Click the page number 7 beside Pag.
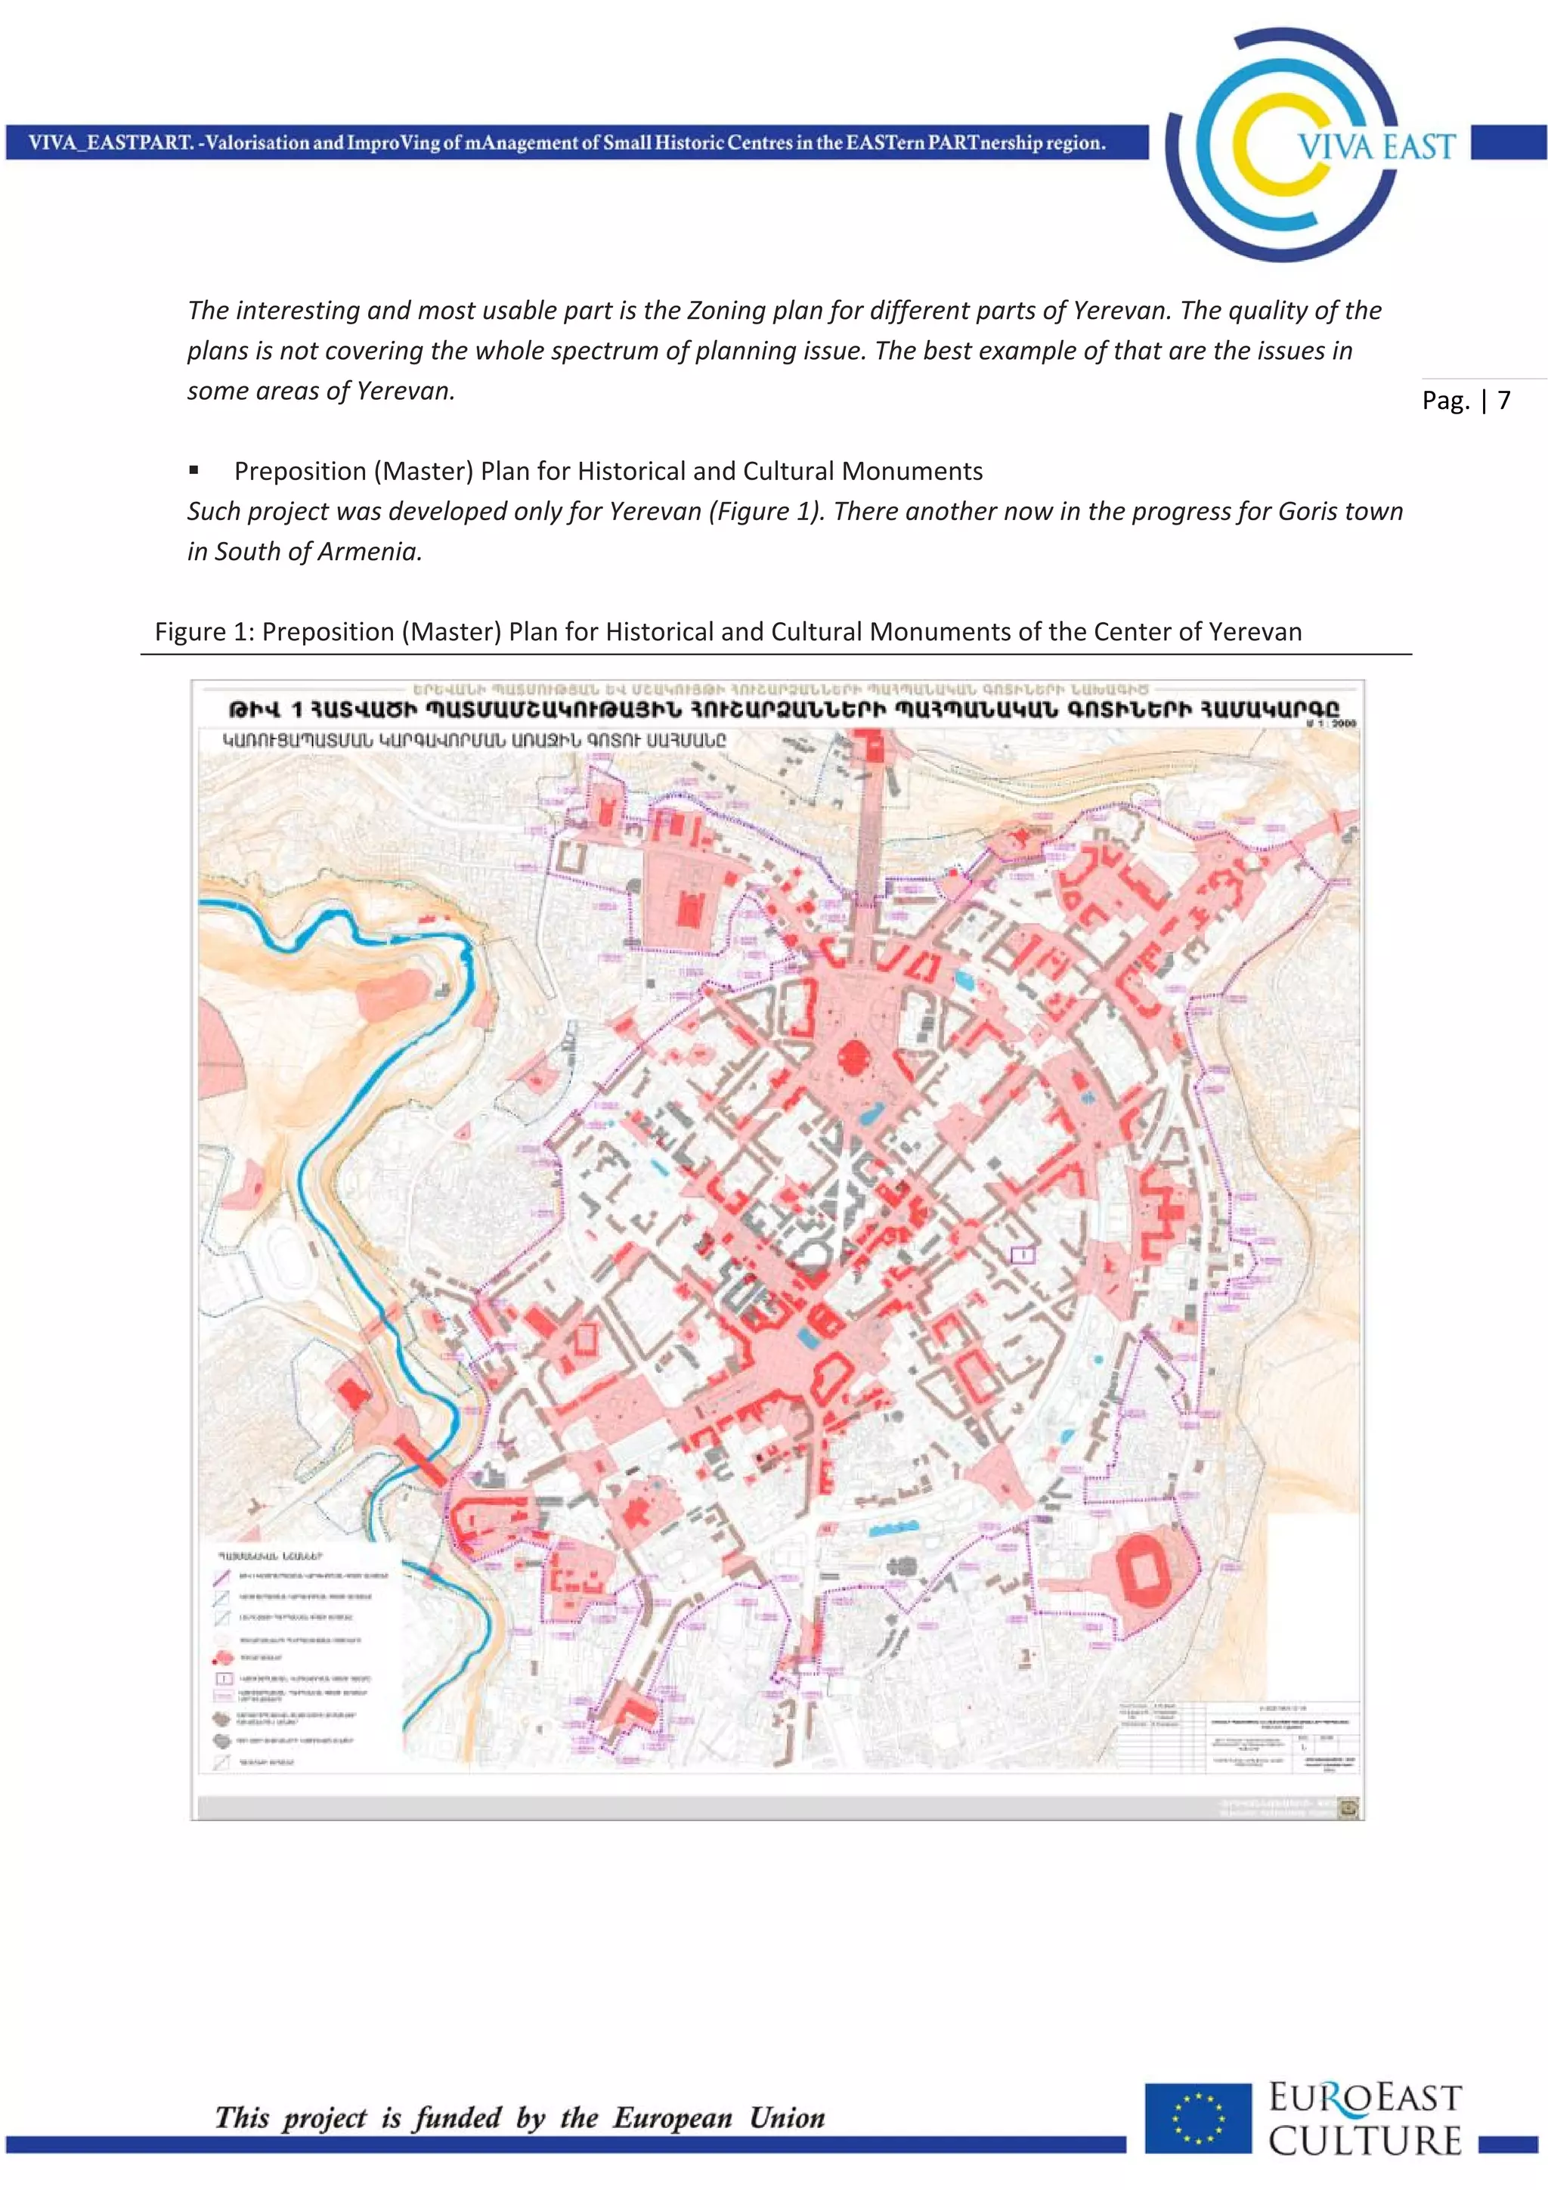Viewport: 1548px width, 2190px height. pos(1503,400)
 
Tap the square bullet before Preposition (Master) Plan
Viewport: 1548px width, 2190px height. pos(193,470)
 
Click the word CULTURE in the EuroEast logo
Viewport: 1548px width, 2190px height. pos(1363,2142)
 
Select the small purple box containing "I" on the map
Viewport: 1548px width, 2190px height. pos(1021,1255)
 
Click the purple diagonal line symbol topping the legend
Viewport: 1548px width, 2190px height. pos(221,1577)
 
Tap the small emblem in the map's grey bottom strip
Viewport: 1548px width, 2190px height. pos(1348,1807)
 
